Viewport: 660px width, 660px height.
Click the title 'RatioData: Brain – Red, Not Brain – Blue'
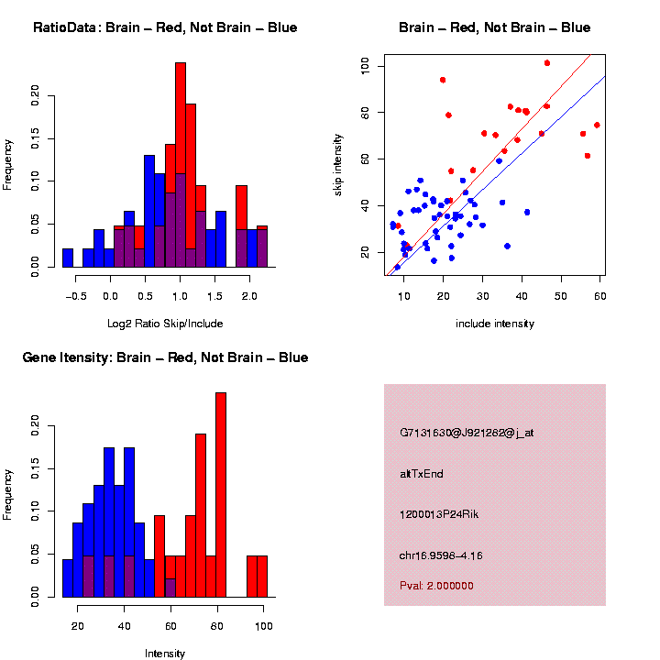click(165, 27)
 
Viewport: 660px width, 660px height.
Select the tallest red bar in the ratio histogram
click(181, 165)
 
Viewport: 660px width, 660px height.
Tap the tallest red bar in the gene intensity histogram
click(220, 495)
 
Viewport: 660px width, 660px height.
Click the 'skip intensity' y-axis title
click(338, 165)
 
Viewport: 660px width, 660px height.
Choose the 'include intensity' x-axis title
click(494, 323)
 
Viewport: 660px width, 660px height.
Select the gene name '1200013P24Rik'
click(439, 513)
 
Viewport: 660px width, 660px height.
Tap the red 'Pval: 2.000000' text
click(436, 585)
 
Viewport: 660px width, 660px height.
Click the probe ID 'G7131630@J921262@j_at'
click(467, 432)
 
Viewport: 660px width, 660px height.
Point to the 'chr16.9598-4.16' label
click(441, 555)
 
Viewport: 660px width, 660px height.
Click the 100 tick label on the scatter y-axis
click(366, 66)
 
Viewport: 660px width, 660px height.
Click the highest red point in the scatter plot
click(547, 63)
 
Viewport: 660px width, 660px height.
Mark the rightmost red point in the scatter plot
click(597, 125)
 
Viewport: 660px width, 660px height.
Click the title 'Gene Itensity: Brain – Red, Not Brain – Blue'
click(165, 357)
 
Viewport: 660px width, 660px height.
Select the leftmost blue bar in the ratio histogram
click(68, 258)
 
